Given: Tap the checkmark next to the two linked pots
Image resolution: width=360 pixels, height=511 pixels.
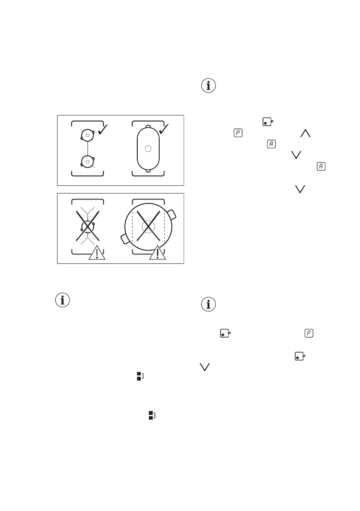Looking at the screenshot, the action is point(103,128).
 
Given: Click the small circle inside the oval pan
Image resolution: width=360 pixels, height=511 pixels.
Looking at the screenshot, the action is point(148,148).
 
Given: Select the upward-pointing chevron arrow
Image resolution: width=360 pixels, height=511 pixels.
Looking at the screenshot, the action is point(306,134).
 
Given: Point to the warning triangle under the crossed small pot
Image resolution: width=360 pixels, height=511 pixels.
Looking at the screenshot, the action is point(97,253).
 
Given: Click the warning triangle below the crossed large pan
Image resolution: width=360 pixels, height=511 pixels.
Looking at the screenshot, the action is point(157,253).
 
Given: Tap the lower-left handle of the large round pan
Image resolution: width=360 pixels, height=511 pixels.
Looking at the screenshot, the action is point(125,238).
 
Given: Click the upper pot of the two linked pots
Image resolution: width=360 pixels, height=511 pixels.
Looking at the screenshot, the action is point(87,135).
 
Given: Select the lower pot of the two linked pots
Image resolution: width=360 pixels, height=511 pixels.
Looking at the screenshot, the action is point(87,161).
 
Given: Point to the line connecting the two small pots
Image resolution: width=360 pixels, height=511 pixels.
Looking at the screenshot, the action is point(87,148).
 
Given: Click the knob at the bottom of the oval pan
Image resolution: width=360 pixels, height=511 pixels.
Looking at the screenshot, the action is point(148,171).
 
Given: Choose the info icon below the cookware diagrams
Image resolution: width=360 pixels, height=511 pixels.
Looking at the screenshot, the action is point(63,300).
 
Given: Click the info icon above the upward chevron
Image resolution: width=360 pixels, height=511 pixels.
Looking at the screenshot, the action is point(209,86).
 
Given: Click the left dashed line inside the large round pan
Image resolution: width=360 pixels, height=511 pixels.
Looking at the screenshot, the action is point(133,227).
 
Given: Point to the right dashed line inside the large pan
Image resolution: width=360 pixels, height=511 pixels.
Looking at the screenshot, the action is point(163,227).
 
